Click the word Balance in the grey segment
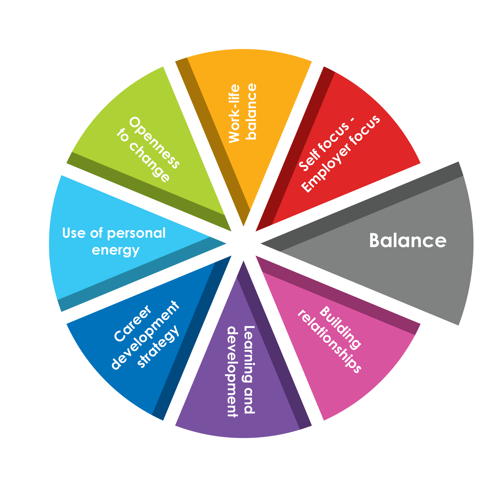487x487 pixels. [x=408, y=240]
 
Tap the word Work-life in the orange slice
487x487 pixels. [x=234, y=113]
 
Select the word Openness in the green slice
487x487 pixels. [x=154, y=143]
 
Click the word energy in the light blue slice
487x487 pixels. [x=116, y=251]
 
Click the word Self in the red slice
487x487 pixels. [x=306, y=160]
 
